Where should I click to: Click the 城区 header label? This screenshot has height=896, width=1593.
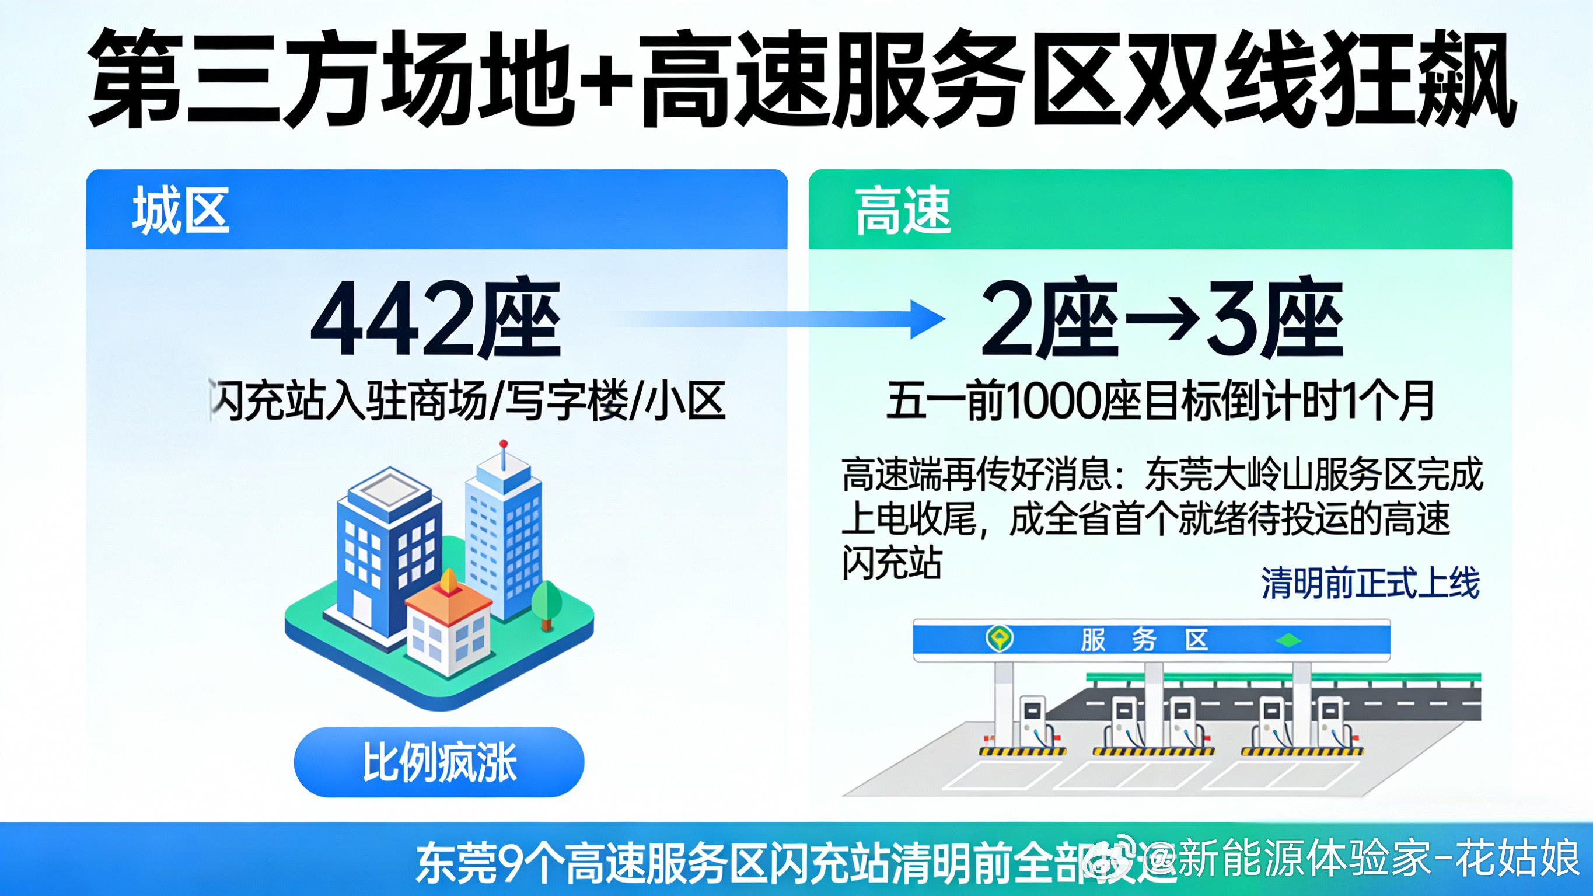click(x=180, y=211)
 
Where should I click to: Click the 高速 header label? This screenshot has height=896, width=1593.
click(x=902, y=211)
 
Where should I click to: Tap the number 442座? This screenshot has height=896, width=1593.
click(x=435, y=319)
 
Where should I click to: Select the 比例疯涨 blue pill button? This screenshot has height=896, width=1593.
click(x=438, y=762)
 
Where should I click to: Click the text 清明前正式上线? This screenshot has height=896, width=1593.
click(x=1370, y=583)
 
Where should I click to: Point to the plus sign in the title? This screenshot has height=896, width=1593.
click(x=602, y=78)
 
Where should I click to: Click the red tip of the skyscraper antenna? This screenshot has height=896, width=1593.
click(x=504, y=444)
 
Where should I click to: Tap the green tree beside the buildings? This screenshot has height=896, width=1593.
click(x=547, y=602)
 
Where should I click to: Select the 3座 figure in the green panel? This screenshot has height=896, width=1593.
click(x=1274, y=319)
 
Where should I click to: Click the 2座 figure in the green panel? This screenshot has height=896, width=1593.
click(x=1049, y=319)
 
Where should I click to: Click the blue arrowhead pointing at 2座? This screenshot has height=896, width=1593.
click(x=928, y=319)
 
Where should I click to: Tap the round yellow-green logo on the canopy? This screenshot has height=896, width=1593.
click(x=1000, y=637)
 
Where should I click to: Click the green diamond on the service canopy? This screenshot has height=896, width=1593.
click(x=1288, y=640)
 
